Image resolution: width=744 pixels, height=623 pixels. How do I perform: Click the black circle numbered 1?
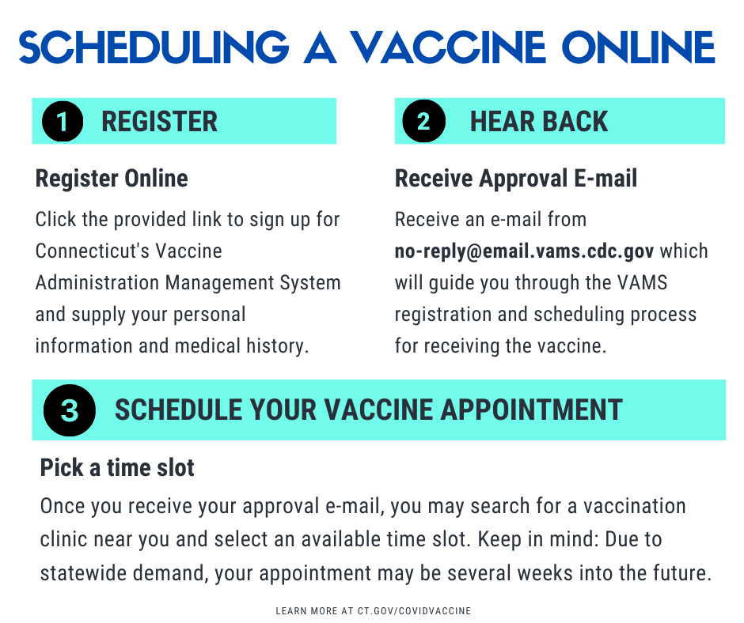(63, 122)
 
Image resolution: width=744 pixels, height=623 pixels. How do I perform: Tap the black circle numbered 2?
(423, 121)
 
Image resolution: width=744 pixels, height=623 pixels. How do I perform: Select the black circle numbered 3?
(70, 410)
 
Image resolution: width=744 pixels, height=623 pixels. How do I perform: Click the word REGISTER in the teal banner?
(159, 122)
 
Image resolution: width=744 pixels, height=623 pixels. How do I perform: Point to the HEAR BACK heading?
(538, 122)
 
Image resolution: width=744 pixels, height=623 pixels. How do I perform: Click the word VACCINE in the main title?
(449, 47)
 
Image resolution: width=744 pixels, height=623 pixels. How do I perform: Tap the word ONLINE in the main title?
(638, 47)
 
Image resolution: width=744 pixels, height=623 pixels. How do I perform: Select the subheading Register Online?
(112, 179)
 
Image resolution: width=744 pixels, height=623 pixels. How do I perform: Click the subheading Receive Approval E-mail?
(516, 179)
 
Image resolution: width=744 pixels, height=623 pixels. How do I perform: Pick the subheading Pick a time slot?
(117, 467)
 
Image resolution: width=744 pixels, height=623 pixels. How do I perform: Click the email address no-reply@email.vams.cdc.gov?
(524, 251)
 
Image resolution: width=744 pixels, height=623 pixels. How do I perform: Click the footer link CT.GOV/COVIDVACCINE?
(414, 610)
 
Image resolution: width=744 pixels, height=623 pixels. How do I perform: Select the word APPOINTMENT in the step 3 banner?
(531, 410)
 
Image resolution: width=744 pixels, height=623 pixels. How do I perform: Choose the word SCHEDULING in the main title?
(154, 47)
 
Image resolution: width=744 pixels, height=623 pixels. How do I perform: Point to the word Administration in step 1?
(97, 282)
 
